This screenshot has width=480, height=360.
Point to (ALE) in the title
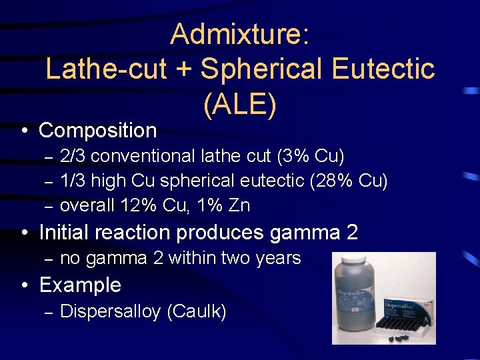tap(240, 103)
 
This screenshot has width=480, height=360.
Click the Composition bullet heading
tap(98, 129)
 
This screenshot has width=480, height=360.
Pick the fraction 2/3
tap(73, 157)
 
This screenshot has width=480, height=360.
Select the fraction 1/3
tap(73, 181)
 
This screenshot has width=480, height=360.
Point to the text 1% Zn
tap(222, 205)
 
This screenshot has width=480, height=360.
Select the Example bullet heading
tap(80, 285)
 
